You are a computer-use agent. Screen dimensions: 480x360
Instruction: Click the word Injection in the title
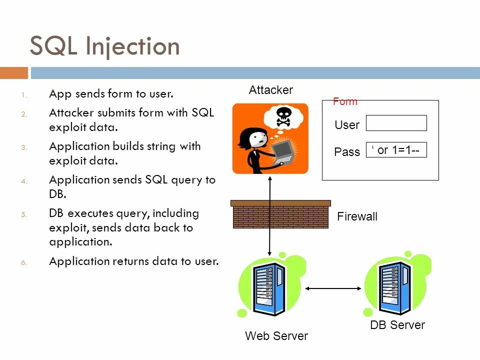pos(133,46)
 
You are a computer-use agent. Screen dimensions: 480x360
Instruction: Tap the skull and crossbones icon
pos(283,116)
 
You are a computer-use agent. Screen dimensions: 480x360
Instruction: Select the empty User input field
pos(396,123)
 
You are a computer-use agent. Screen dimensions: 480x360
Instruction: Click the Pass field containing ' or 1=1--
pos(396,149)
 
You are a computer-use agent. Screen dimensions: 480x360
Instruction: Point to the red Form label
pos(345,101)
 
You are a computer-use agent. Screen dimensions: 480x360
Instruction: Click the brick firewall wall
pos(280,214)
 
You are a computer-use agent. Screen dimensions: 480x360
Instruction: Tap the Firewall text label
pos(357,216)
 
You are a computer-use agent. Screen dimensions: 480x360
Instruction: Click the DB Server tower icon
pos(395,288)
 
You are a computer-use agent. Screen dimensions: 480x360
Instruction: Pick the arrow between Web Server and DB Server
pos(333,288)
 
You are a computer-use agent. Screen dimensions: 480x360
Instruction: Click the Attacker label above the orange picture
pos(271,90)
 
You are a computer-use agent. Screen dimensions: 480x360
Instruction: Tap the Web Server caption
pos(276,336)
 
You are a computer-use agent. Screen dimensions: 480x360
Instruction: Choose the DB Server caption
pos(397,325)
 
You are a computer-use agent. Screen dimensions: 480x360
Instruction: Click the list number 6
pos(24,262)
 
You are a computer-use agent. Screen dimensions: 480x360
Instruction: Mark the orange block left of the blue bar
pos(14,73)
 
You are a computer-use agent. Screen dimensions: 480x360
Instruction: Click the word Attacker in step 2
pos(71,112)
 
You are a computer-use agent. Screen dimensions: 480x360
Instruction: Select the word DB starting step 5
pos(56,213)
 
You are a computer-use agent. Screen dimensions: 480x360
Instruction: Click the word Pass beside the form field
pos(347,152)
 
